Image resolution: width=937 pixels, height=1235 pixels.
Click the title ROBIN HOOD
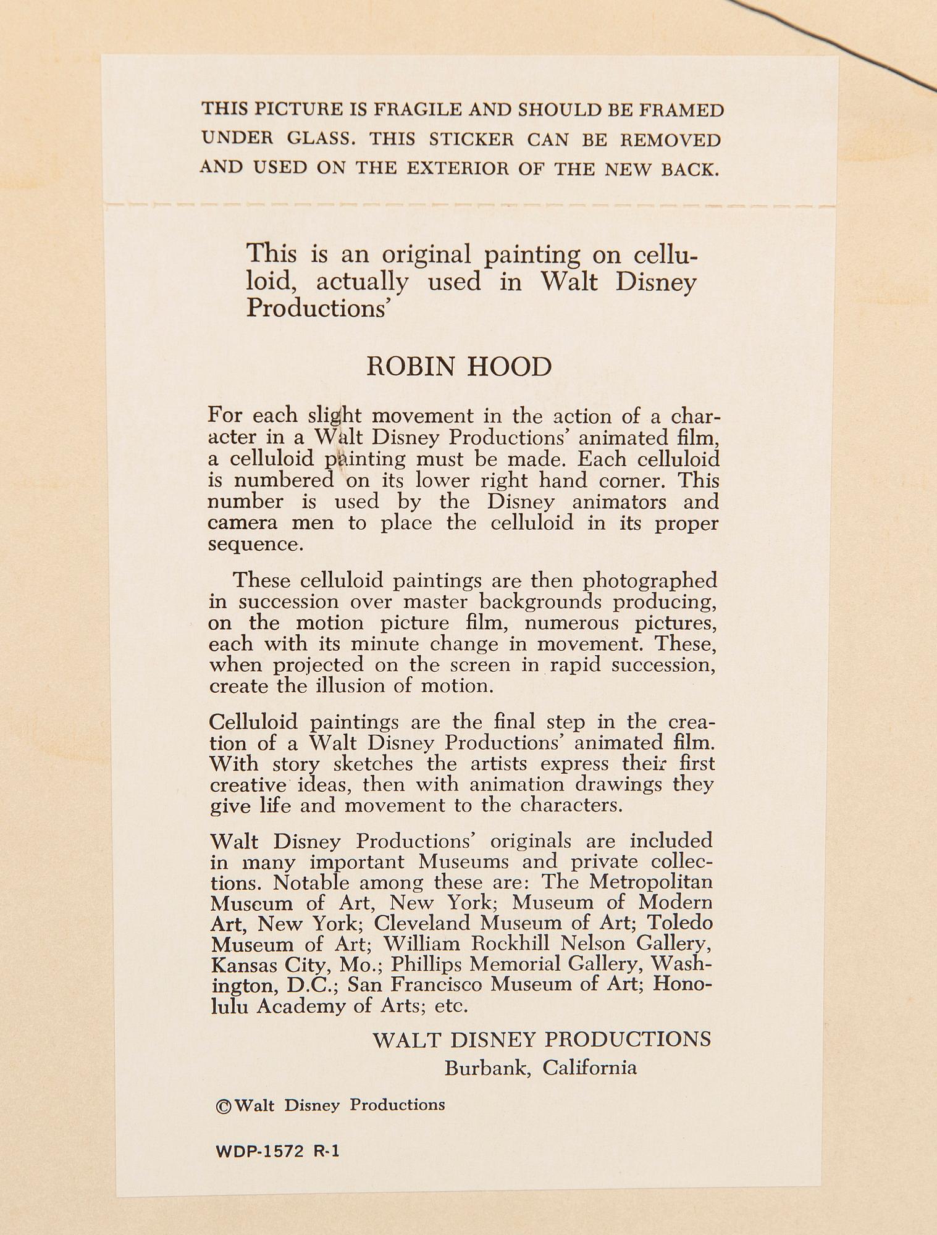[459, 367]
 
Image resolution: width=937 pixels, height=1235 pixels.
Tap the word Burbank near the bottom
[488, 1068]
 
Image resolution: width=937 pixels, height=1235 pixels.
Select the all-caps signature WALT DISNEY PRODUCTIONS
[542, 1039]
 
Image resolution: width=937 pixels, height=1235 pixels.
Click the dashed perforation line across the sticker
[469, 204]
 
